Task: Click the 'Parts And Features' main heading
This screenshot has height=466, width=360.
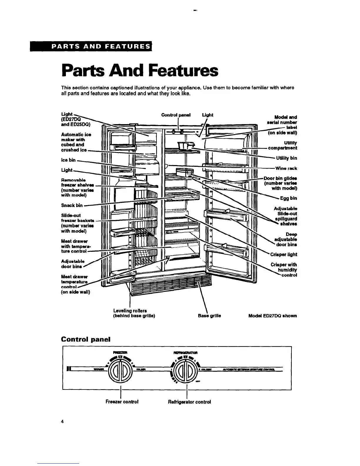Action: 140,71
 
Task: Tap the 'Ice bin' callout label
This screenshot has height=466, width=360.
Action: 68,160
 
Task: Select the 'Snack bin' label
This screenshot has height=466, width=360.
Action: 72,205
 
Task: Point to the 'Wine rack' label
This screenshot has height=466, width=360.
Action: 286,168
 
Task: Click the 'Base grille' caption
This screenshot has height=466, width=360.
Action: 209,316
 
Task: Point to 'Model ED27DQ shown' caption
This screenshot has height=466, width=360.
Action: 272,316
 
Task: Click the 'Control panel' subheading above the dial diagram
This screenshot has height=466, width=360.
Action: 86,339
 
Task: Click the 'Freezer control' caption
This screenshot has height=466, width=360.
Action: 122,402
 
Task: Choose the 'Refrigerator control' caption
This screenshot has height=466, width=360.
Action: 189,402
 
